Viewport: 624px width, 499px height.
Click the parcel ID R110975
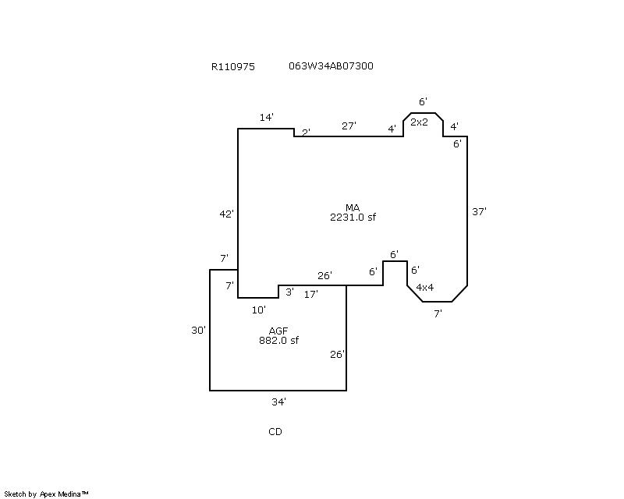click(x=232, y=66)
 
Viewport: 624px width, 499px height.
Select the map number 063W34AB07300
click(x=331, y=65)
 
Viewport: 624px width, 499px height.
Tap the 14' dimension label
click(x=267, y=118)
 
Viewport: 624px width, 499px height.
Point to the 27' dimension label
click(x=349, y=126)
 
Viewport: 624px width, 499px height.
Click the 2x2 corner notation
click(x=419, y=122)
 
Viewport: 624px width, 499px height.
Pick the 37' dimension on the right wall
click(x=479, y=212)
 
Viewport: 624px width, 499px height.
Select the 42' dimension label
click(x=226, y=214)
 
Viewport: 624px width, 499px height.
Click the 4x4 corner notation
click(x=424, y=287)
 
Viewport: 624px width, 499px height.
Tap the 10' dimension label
click(x=259, y=310)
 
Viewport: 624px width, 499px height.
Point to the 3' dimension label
click(x=289, y=292)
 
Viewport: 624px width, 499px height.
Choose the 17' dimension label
click(x=310, y=295)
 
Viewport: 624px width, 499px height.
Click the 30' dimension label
click(x=198, y=331)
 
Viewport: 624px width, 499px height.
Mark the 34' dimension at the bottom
click(x=278, y=402)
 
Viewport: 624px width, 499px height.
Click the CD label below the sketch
click(x=275, y=432)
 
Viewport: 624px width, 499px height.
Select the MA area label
click(x=353, y=207)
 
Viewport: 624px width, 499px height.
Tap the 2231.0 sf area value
click(x=353, y=218)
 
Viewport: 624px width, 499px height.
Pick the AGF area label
click(x=278, y=331)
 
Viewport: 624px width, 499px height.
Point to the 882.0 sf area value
click(x=278, y=341)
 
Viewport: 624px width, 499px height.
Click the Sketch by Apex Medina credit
click(x=46, y=494)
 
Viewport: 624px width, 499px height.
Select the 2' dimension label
click(x=306, y=133)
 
